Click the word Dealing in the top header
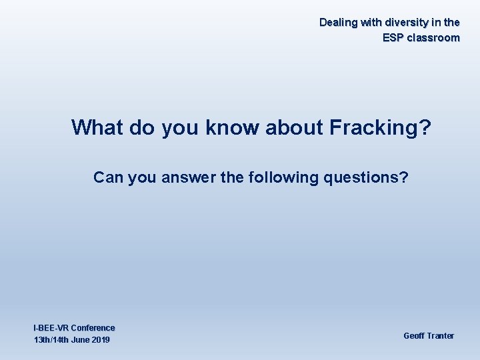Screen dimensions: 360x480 (338, 23)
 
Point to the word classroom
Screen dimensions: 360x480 (434, 38)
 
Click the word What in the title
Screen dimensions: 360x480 (98, 127)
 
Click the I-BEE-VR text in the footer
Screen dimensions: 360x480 (51, 328)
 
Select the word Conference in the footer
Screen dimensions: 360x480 (93, 328)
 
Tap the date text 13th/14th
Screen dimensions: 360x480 (52, 341)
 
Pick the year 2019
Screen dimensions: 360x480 (101, 341)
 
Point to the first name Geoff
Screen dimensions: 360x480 (413, 336)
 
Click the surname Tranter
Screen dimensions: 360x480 (440, 336)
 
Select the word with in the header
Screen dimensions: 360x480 (370, 23)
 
